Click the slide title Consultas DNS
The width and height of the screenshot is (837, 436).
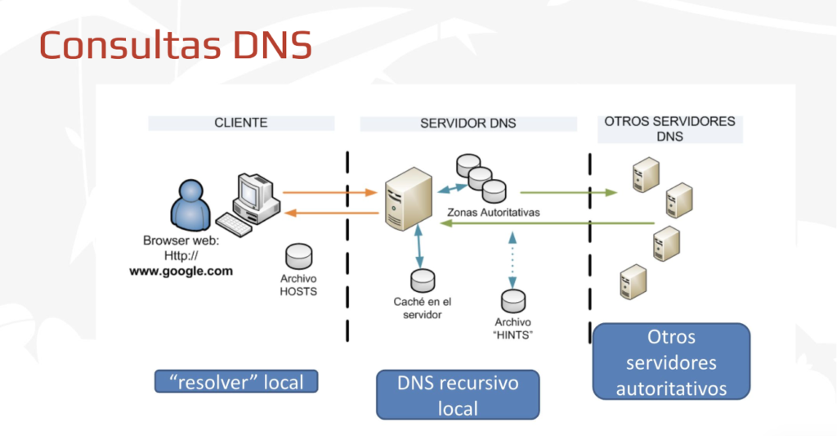[176, 45]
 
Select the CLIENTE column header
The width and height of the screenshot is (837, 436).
[241, 123]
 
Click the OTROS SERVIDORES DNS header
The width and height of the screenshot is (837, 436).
[669, 128]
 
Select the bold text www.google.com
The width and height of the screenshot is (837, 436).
[181, 271]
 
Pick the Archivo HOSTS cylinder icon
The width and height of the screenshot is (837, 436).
[299, 255]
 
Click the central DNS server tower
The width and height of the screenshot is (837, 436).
[409, 200]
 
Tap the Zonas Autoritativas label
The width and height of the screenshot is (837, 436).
[493, 212]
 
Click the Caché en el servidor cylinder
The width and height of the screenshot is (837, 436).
[423, 281]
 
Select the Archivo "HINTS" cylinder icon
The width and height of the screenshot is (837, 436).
[513, 300]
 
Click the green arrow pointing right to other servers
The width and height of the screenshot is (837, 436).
[568, 193]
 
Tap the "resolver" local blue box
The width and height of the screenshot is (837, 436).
[235, 381]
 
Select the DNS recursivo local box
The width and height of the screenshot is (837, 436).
[458, 394]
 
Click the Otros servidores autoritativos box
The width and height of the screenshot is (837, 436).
[670, 361]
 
